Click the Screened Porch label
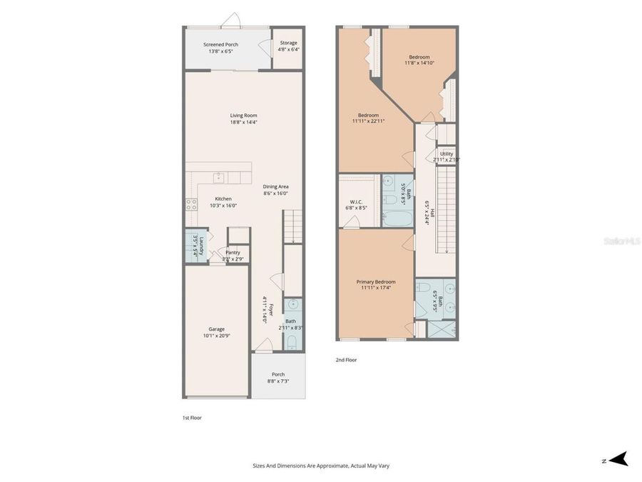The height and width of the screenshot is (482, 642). coord(220,44)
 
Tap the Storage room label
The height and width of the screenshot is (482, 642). coord(288,43)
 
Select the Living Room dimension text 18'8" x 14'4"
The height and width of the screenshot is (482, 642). coord(243,122)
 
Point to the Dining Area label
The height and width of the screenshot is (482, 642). coord(275,186)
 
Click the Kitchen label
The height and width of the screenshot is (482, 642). coord(223,199)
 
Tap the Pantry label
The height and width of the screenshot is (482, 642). coord(233,252)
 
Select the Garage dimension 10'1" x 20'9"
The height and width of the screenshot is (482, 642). coord(216,336)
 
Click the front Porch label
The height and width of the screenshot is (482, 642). coord(278,374)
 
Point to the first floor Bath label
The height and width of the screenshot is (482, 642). coord(290,321)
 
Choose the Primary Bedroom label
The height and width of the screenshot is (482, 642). coord(376,281)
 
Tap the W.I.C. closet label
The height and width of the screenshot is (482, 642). coord(356,202)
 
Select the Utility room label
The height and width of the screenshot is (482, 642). coord(447,154)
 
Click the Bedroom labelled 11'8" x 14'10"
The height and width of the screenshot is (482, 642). coord(419,56)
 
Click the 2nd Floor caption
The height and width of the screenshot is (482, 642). coord(346,360)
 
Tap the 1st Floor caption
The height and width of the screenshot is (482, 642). coord(192,418)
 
